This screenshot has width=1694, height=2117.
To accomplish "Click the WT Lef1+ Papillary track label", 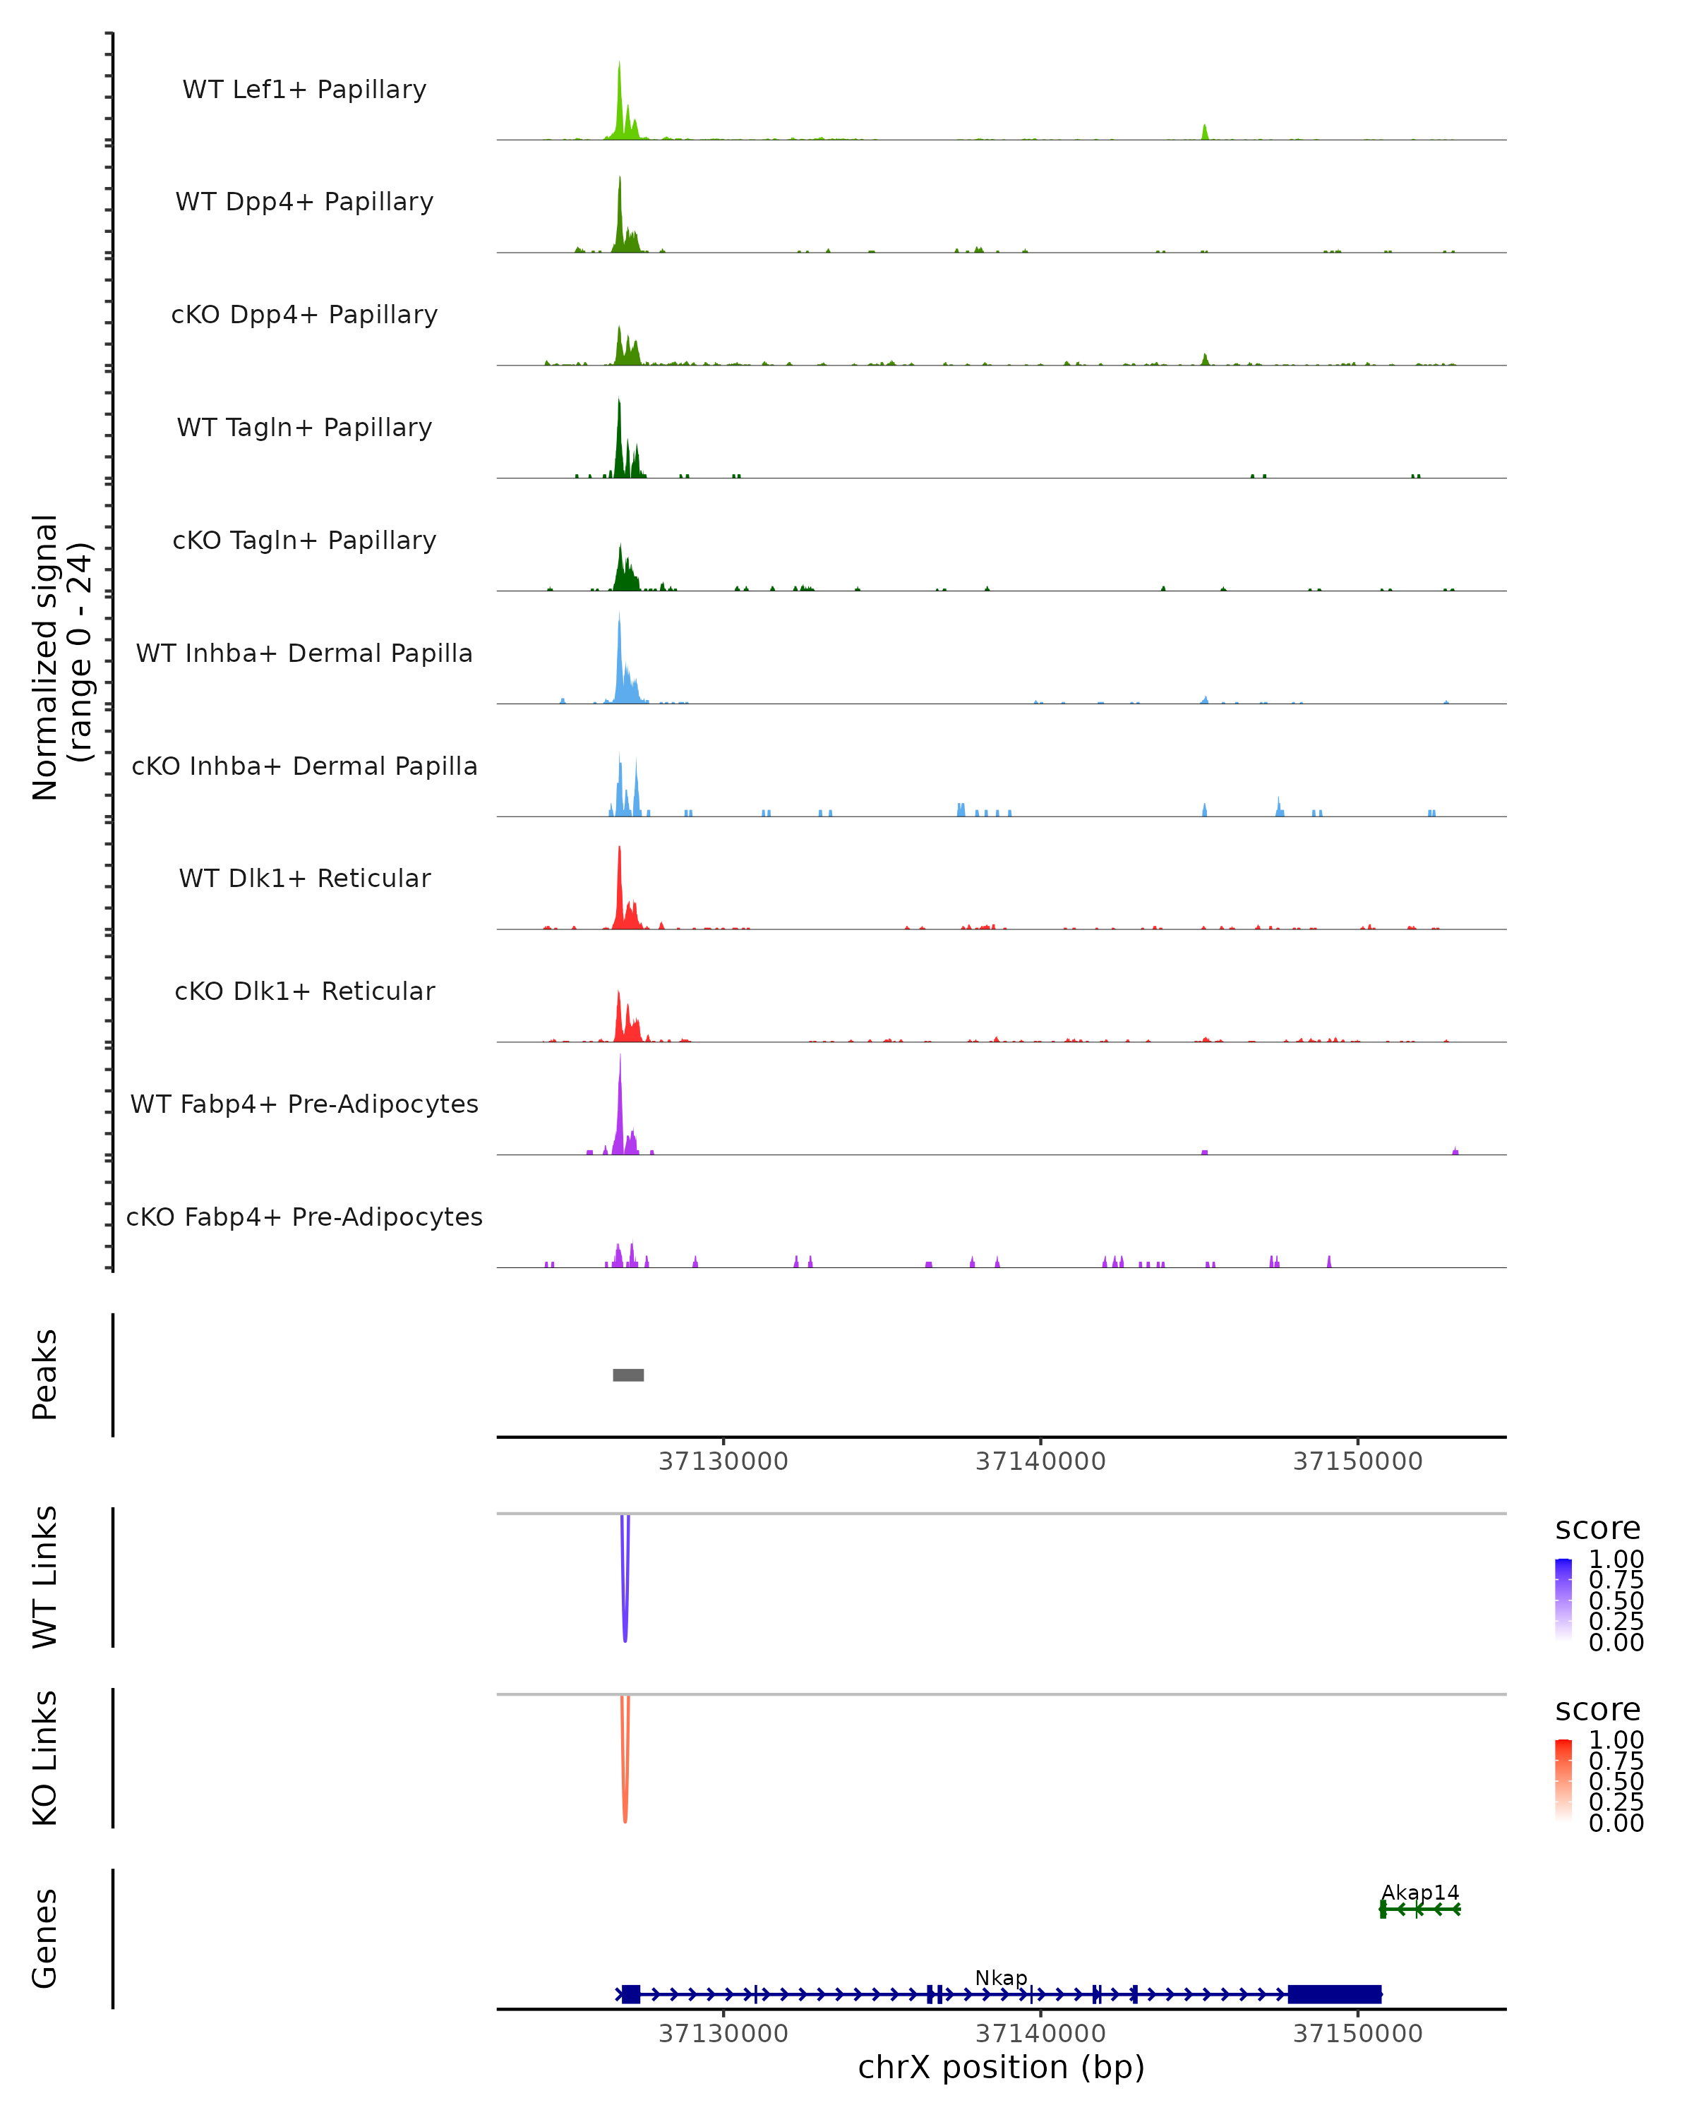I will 304,90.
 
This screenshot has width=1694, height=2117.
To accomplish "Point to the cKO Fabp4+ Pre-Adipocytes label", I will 304,1217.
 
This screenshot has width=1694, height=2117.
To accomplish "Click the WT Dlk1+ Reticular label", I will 304,878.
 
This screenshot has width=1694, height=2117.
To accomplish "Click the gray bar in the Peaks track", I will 628,1375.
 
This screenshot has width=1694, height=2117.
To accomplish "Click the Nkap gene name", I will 1001,1977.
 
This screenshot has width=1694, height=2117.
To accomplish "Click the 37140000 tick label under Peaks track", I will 1040,1462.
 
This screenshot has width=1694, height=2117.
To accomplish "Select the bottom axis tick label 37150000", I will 1357,2034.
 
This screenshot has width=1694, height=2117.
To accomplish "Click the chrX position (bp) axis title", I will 1001,2068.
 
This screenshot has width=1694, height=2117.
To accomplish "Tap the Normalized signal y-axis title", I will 61,658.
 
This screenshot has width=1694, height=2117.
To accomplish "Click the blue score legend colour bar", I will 1563,1597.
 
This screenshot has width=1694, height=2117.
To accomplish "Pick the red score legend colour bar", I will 1563,1778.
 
